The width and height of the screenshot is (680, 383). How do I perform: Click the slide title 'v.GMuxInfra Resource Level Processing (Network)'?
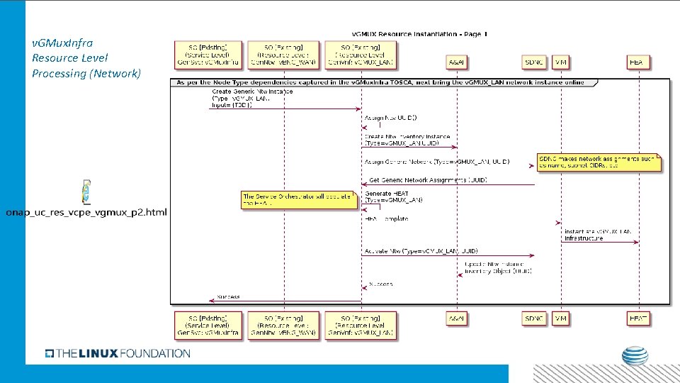tap(86, 58)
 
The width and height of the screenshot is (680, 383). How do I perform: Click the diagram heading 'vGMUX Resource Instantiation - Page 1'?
tap(420, 33)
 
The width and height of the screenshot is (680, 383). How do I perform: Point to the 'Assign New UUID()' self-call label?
tap(390, 117)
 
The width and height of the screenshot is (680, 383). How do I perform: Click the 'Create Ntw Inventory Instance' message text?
tap(407, 139)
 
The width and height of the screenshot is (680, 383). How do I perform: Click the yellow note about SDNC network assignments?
tap(599, 162)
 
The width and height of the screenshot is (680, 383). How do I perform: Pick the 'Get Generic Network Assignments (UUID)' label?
tap(428, 180)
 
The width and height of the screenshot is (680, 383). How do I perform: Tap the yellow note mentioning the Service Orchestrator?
tap(298, 199)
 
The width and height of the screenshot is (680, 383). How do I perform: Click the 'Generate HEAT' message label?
tap(393, 197)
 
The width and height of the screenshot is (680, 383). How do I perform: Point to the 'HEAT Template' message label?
tap(387, 219)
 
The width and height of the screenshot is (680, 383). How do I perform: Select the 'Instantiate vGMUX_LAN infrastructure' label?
tap(597, 235)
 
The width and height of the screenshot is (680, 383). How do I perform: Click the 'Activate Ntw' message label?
tap(421, 251)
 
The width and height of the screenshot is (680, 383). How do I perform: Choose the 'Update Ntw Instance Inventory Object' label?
tap(498, 267)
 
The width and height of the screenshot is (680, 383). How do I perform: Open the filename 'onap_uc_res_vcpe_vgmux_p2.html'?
tap(86, 213)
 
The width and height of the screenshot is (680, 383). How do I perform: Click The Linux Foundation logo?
tap(118, 353)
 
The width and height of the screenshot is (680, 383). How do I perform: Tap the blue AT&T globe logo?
tap(635, 356)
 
